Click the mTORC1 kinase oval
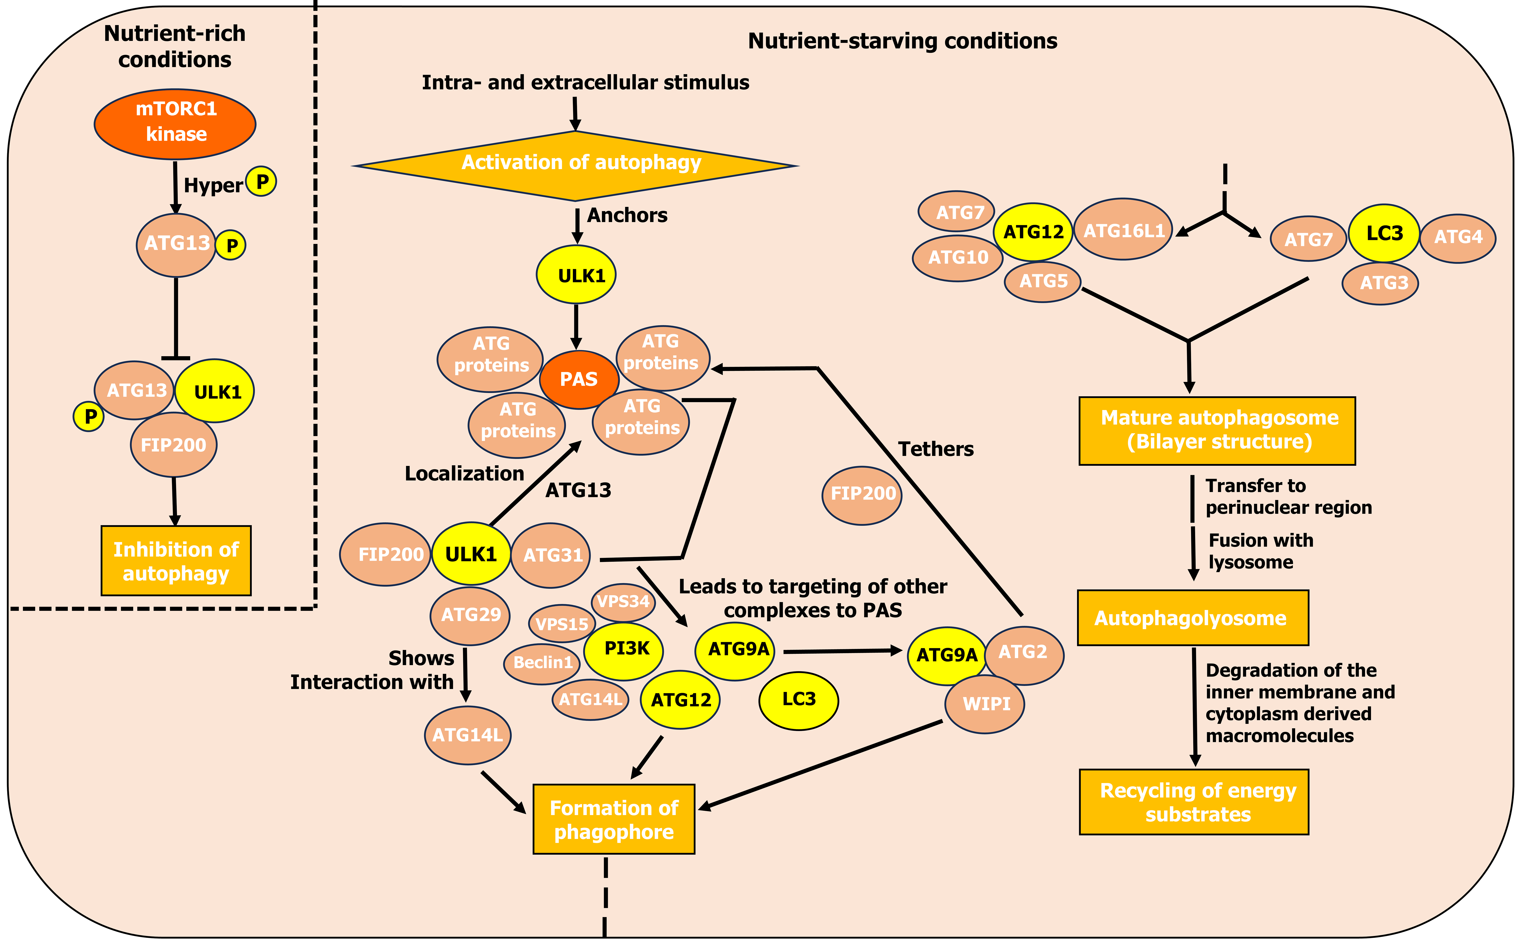click(175, 123)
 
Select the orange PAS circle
click(578, 379)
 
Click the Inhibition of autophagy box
click(176, 561)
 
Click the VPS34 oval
click(623, 602)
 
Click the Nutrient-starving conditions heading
click(902, 41)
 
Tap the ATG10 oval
click(958, 257)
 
